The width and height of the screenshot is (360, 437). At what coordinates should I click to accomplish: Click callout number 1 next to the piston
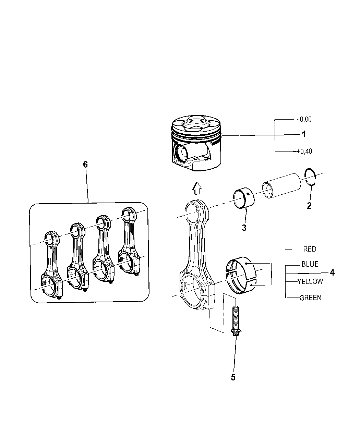[304, 134]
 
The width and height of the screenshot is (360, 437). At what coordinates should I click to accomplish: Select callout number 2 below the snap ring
[309, 206]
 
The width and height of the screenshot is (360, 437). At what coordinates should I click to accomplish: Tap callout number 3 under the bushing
[244, 228]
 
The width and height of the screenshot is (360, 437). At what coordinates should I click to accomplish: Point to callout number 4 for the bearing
[332, 272]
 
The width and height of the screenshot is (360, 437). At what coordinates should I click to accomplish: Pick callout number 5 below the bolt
[233, 377]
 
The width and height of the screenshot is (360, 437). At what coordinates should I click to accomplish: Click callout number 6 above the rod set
[85, 165]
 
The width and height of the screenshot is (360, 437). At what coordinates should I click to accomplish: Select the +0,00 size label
[304, 119]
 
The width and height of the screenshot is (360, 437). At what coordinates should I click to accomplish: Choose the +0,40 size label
[304, 151]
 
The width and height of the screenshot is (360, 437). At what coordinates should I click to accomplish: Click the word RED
[310, 249]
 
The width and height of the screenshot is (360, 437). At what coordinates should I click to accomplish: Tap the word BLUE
[310, 264]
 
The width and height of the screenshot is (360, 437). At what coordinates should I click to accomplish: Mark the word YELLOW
[310, 281]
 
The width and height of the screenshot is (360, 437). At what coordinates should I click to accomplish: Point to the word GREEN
[310, 298]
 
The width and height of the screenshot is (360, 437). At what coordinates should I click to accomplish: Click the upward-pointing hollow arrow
[197, 188]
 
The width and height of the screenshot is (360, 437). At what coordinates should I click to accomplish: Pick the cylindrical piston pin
[282, 186]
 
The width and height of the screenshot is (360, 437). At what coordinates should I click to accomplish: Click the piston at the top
[196, 143]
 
